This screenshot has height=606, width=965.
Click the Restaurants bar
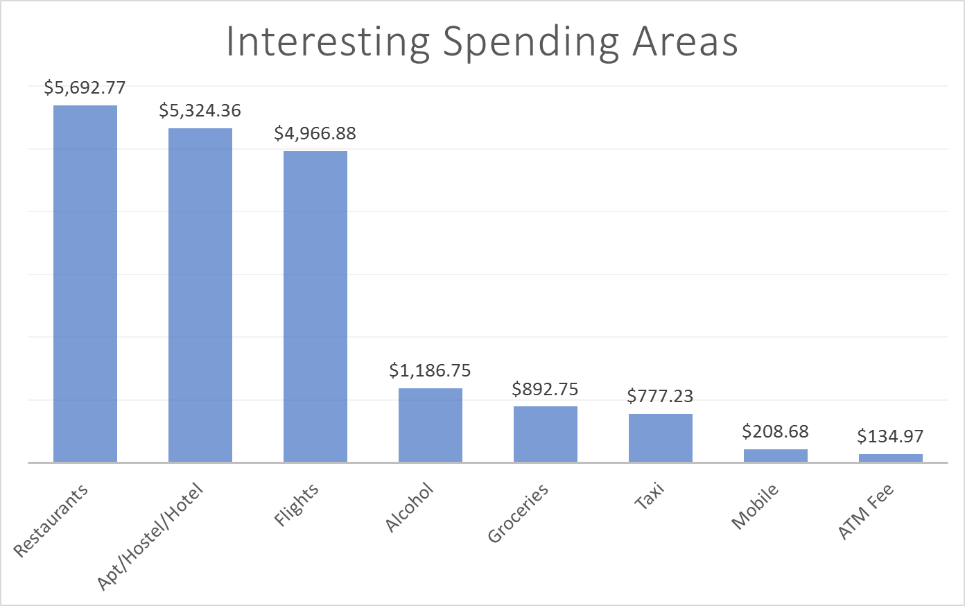pyautogui.click(x=85, y=284)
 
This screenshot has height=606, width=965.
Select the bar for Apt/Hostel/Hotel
pyautogui.click(x=200, y=295)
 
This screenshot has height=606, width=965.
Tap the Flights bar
pyautogui.click(x=315, y=306)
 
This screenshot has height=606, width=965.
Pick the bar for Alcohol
pyautogui.click(x=431, y=425)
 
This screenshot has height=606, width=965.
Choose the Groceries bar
pyautogui.click(x=546, y=434)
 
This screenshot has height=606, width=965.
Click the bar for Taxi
pyautogui.click(x=661, y=438)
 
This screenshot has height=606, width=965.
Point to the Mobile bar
pyautogui.click(x=776, y=456)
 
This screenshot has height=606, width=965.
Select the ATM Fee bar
pyautogui.click(x=891, y=458)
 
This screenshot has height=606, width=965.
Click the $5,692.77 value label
pyautogui.click(x=85, y=87)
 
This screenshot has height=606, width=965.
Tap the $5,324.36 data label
pyautogui.click(x=200, y=110)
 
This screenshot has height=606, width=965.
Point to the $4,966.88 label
pyautogui.click(x=315, y=133)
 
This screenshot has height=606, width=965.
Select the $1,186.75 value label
pyautogui.click(x=430, y=370)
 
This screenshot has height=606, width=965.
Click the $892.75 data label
pyautogui.click(x=545, y=389)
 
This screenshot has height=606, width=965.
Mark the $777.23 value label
pyautogui.click(x=660, y=396)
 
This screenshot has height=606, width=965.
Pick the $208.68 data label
pyautogui.click(x=775, y=431)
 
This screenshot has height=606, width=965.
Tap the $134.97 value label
pyautogui.click(x=890, y=436)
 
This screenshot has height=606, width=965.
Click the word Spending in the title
pyautogui.click(x=531, y=43)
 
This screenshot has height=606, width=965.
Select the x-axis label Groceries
pyautogui.click(x=518, y=513)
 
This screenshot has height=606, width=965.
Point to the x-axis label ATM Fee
pyautogui.click(x=866, y=512)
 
